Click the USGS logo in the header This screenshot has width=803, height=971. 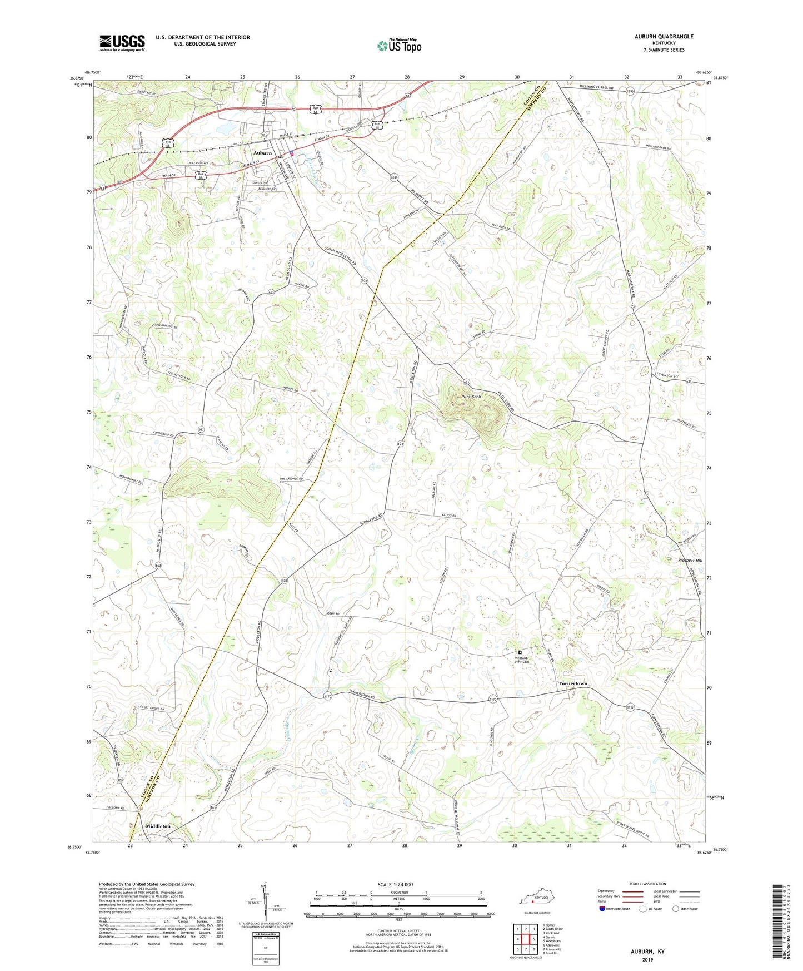(122, 43)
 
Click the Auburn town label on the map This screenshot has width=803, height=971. (262, 153)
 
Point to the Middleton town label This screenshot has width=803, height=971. (158, 826)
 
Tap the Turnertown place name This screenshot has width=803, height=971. (572, 683)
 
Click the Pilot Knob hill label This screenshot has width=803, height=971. (471, 397)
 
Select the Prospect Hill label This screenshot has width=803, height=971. (690, 561)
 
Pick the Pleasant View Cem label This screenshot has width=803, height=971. (521, 660)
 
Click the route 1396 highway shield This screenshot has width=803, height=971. (629, 92)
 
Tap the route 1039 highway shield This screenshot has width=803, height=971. (394, 177)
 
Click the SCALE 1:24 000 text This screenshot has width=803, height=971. (395, 885)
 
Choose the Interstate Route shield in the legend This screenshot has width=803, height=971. (602, 909)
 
